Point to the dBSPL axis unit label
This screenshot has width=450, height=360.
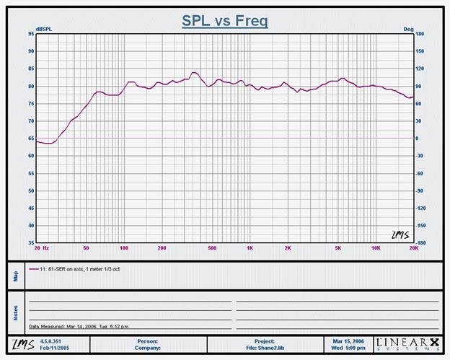click(x=45, y=29)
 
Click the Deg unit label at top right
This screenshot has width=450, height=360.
click(x=408, y=29)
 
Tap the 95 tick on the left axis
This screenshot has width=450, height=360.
click(x=31, y=34)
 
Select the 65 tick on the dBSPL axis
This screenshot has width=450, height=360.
click(x=31, y=138)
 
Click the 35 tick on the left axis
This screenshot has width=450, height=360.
click(x=31, y=242)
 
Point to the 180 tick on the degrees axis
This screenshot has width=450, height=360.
click(x=420, y=34)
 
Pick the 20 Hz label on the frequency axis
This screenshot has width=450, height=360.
click(x=41, y=247)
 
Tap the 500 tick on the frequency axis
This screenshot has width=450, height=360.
click(x=212, y=247)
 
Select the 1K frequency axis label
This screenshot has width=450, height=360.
click(x=250, y=247)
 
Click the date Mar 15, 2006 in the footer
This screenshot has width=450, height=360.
click(x=348, y=341)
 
